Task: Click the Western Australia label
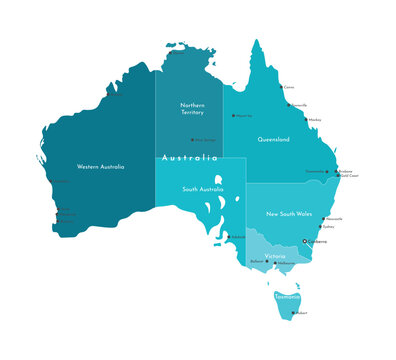(x=100, y=167)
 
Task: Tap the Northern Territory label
(x=192, y=108)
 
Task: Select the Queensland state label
(x=274, y=139)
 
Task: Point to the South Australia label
(x=202, y=189)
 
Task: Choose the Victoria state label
(x=275, y=256)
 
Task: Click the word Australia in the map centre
(x=189, y=158)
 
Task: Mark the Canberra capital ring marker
(x=304, y=241)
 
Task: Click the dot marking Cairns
(x=281, y=87)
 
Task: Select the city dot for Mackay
(x=307, y=119)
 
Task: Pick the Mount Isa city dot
(x=234, y=116)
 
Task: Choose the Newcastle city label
(x=335, y=219)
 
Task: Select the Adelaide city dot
(x=228, y=237)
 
